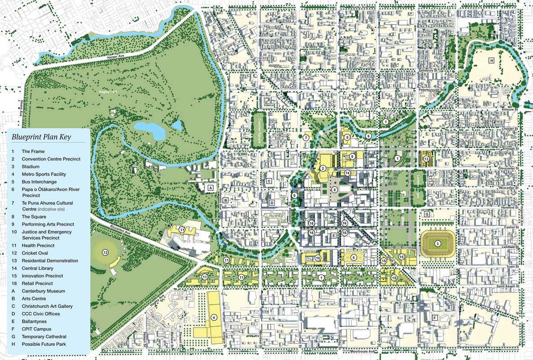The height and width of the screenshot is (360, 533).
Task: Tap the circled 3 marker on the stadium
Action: [437, 244]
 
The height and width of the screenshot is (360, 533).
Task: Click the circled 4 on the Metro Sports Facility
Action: [214, 317]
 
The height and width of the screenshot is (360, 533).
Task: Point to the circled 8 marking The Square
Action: [335, 190]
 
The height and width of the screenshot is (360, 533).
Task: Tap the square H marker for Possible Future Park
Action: [492, 60]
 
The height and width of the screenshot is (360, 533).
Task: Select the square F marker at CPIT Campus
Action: [434, 318]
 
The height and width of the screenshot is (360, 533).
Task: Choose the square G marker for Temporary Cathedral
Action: [426, 214]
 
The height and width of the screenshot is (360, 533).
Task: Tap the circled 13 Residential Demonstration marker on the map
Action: [426, 158]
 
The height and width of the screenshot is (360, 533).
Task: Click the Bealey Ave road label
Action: [361, 8]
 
